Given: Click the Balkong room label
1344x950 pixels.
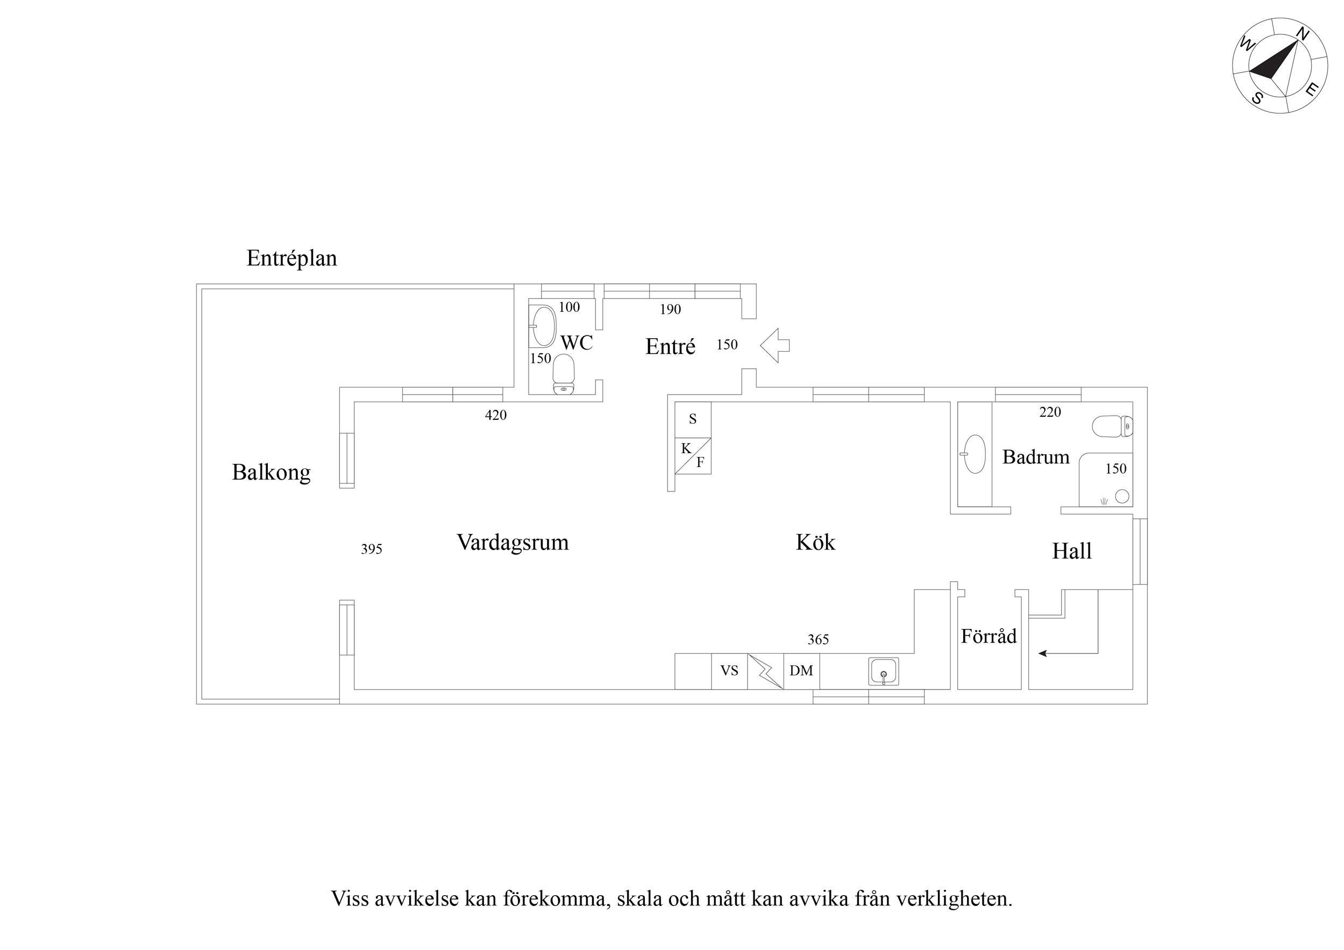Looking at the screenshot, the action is click(x=271, y=473).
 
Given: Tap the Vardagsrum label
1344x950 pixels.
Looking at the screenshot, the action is click(x=513, y=542).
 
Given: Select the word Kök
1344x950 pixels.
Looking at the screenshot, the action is click(x=815, y=542).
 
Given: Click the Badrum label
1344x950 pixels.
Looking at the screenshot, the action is click(x=1035, y=456).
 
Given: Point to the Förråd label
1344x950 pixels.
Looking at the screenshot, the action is click(x=989, y=635).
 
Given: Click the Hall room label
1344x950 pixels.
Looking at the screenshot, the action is click(x=1072, y=551).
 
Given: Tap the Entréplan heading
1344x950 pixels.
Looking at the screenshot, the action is click(x=291, y=258).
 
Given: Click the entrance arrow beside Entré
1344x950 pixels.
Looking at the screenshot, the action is click(x=775, y=345).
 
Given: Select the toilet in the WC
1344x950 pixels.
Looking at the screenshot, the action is click(x=564, y=375).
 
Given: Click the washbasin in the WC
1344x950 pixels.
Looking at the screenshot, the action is click(x=543, y=326).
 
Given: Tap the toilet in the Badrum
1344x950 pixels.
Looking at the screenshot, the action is click(x=1112, y=426).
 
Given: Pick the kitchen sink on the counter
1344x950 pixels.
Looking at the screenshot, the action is click(x=883, y=672).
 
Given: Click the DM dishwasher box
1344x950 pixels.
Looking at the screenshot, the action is click(x=801, y=672).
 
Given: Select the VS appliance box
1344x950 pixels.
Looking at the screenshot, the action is click(x=729, y=672).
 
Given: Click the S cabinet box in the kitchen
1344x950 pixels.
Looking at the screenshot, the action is click(x=693, y=419).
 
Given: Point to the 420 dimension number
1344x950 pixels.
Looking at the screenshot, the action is click(x=496, y=415).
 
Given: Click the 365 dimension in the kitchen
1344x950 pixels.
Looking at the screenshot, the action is click(x=819, y=640).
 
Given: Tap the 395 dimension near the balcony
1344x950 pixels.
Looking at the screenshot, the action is click(x=372, y=549).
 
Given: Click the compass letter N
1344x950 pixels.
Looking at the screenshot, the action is click(x=1303, y=34).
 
